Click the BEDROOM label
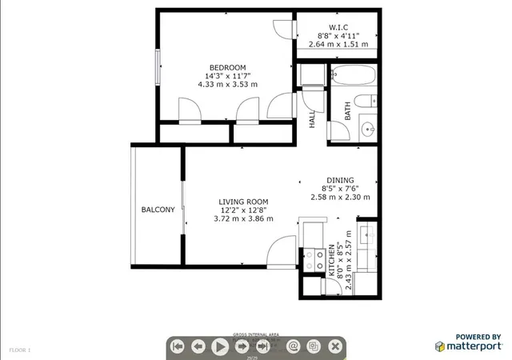(x=227, y=67)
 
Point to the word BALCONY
(x=158, y=210)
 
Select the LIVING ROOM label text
(x=243, y=202)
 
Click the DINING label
(x=340, y=180)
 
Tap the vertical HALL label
(x=312, y=119)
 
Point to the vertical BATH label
(x=348, y=111)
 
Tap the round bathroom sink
(x=370, y=128)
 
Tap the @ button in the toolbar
(x=293, y=346)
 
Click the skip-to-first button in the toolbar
(x=178, y=346)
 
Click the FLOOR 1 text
(x=20, y=350)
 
